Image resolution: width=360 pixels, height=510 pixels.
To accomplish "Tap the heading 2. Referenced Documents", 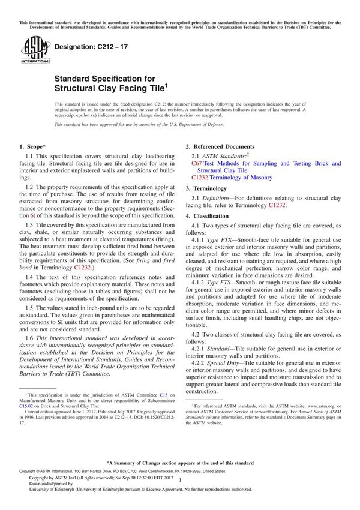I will pos(220,147).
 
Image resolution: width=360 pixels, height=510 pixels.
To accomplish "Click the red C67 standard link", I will pos(197,163).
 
